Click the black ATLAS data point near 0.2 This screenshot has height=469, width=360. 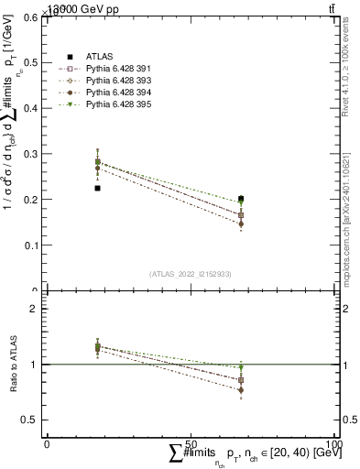coord(241,199)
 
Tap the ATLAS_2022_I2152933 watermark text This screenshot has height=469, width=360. coord(191,274)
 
